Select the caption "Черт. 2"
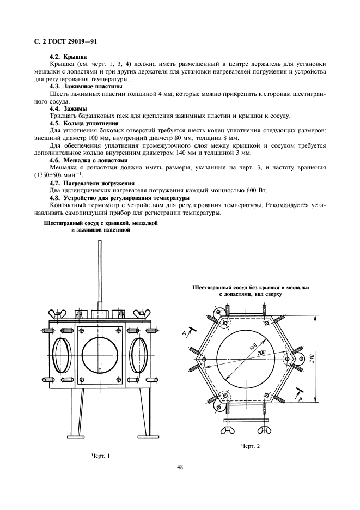point(251,446)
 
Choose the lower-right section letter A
point(298,399)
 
